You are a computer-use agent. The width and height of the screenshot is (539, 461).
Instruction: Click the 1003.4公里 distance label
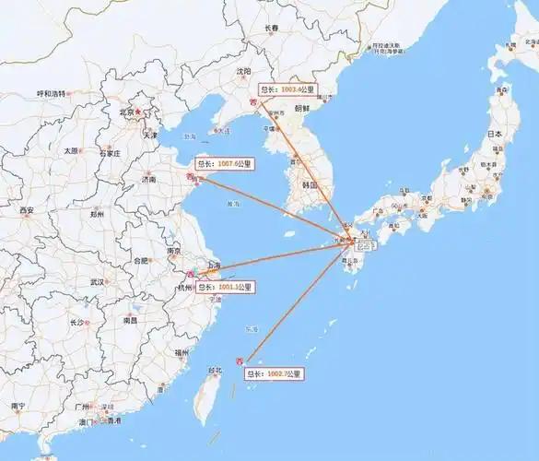coord(289,90)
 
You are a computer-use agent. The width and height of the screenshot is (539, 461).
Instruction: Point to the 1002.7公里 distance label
coord(274,373)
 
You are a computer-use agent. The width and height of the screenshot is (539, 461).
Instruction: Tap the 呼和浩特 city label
coord(51,94)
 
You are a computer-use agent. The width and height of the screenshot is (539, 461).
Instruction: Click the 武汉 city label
coord(96,281)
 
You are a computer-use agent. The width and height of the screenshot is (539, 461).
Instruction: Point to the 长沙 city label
coord(77,322)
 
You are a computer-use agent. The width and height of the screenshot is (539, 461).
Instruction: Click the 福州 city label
coord(180,351)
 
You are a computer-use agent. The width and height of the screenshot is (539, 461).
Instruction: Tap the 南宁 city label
coord(18,406)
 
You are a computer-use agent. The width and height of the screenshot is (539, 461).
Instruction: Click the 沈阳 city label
coord(243,71)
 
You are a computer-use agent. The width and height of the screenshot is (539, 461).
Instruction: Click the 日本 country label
coord(495,134)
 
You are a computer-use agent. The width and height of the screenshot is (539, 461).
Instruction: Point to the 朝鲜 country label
coord(301,107)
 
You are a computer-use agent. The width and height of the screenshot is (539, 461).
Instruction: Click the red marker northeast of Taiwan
coord(241,360)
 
